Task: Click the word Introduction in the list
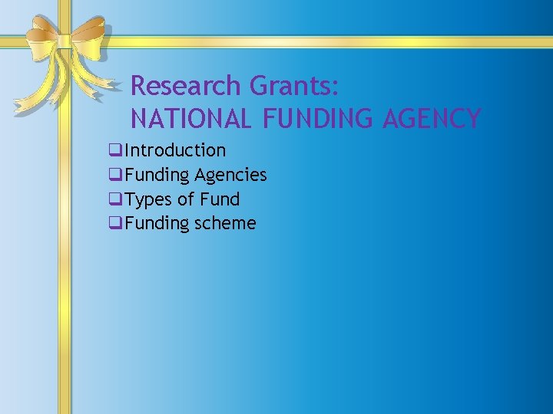tap(175, 150)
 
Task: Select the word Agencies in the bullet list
tap(230, 175)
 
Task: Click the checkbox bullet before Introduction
tap(115, 150)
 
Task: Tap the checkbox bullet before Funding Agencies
tap(115, 175)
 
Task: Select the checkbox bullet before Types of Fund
tap(115, 199)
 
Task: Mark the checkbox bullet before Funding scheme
tap(115, 224)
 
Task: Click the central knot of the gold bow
tap(65, 40)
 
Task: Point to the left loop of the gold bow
tap(40, 34)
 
